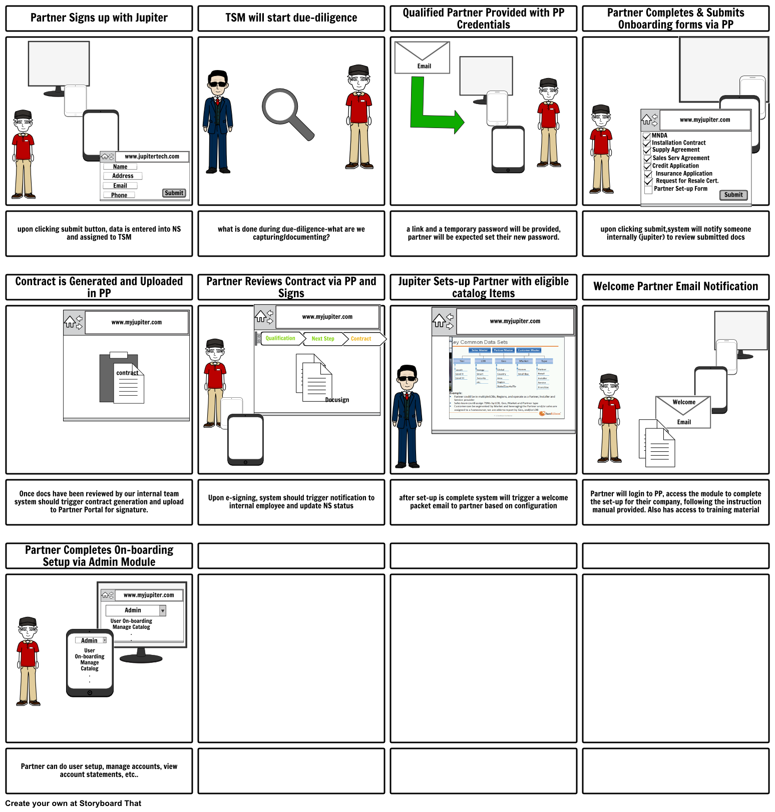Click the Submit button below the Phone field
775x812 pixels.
(174, 193)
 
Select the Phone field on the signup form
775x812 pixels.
(119, 195)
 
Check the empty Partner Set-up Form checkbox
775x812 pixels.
(648, 190)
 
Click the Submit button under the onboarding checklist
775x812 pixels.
(733, 195)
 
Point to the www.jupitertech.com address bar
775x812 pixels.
(152, 157)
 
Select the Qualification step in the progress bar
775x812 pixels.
(280, 338)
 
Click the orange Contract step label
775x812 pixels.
(360, 339)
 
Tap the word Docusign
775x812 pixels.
(337, 400)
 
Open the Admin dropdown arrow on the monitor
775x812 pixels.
(162, 610)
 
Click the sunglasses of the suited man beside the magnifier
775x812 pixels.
(217, 85)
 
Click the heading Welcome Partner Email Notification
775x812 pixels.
(675, 287)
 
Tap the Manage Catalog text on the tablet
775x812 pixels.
(90, 665)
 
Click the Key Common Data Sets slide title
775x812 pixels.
(481, 342)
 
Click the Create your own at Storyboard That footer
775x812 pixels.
(74, 803)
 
